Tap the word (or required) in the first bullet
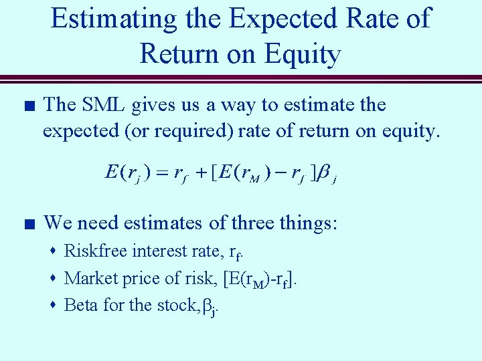pos(184,131)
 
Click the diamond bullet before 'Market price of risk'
pos(53,278)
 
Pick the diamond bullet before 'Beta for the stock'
pos(53,306)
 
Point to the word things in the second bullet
pos(302,223)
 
